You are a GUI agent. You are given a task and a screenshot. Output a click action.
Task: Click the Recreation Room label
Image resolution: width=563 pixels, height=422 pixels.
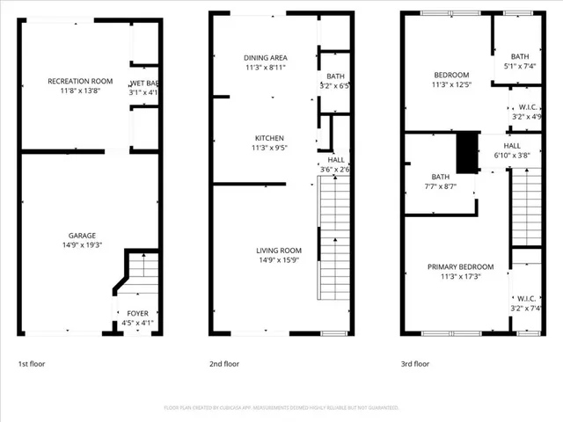(x=74, y=81)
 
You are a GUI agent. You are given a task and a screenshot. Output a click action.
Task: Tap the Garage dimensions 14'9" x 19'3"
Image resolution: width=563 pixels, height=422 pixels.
(x=83, y=246)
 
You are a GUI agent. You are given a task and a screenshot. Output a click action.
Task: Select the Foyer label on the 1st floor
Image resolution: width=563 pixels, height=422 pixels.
(x=138, y=312)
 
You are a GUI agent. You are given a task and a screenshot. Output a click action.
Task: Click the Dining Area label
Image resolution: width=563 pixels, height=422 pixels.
(x=266, y=58)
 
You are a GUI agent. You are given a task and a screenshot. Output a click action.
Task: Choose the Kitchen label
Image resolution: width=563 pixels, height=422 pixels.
(x=266, y=138)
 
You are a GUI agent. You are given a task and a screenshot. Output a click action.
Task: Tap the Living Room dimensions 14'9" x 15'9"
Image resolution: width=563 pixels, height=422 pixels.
(x=278, y=261)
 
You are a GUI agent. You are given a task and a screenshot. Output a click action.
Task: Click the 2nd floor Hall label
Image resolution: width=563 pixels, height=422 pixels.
(x=336, y=160)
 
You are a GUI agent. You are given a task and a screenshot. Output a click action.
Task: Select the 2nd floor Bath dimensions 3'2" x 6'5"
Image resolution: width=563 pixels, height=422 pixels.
(x=335, y=86)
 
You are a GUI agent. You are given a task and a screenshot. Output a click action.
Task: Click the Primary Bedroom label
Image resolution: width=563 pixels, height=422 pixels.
(x=460, y=267)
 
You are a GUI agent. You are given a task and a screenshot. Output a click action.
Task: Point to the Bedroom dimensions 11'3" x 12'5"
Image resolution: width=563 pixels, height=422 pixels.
(x=450, y=85)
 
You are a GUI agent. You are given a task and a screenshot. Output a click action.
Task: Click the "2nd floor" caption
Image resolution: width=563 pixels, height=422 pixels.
(x=224, y=364)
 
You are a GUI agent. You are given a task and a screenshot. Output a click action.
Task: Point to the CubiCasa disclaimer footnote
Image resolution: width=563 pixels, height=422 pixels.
(x=281, y=408)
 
